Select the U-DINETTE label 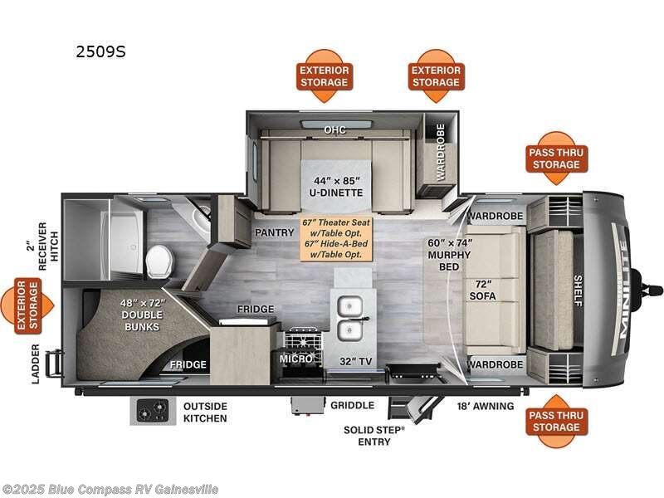tap(337, 187)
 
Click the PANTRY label tap(271, 232)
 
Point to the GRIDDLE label tap(353, 406)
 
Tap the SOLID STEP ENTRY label tap(373, 436)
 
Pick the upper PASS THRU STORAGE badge tap(557, 158)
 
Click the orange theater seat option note tap(337, 237)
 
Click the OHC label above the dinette tap(335, 129)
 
